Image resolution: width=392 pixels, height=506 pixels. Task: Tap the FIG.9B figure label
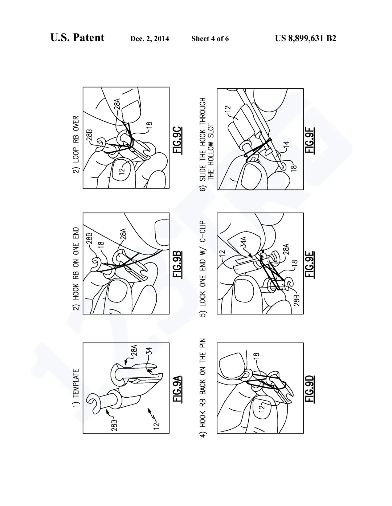tap(177, 264)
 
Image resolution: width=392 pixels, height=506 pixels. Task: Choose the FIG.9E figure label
tap(310, 264)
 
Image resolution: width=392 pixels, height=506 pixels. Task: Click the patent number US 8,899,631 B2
tap(306, 38)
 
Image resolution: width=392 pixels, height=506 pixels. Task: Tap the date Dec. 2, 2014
tap(150, 39)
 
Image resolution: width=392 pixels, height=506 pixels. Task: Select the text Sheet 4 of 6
tap(210, 39)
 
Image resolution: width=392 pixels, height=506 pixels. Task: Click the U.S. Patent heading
tap(77, 37)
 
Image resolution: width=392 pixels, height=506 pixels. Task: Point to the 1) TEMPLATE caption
tap(76, 388)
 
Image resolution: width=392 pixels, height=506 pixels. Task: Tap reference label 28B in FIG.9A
tap(114, 425)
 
